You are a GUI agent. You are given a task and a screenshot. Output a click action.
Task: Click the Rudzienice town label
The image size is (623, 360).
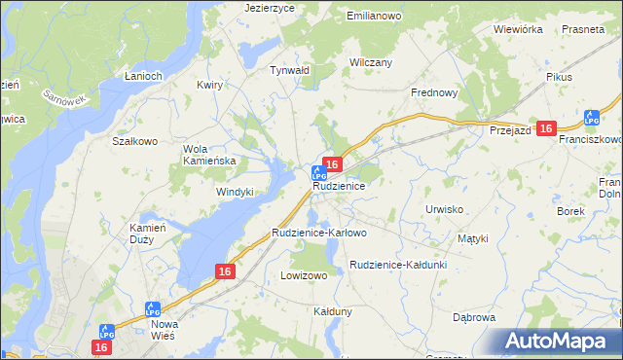[339, 185]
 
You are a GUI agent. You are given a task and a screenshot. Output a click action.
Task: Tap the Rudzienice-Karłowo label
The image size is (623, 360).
[319, 234]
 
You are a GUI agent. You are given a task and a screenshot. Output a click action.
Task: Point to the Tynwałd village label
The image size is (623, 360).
[289, 70]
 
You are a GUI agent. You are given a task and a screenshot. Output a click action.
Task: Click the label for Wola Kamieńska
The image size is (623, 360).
[209, 155]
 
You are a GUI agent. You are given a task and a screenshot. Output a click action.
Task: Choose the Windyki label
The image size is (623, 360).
[235, 192]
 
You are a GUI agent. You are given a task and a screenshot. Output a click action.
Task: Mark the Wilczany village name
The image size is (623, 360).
[370, 62]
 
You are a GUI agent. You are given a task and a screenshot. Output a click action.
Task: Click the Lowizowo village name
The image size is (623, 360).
[304, 275]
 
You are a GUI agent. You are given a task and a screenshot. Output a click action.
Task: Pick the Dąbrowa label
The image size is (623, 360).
[474, 317]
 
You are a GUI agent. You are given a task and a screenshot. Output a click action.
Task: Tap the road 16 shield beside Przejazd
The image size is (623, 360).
[546, 128]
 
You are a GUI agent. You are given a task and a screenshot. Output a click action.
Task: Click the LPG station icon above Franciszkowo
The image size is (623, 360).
[590, 119]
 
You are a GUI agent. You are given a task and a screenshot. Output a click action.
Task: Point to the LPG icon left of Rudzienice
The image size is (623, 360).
[317, 172]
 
